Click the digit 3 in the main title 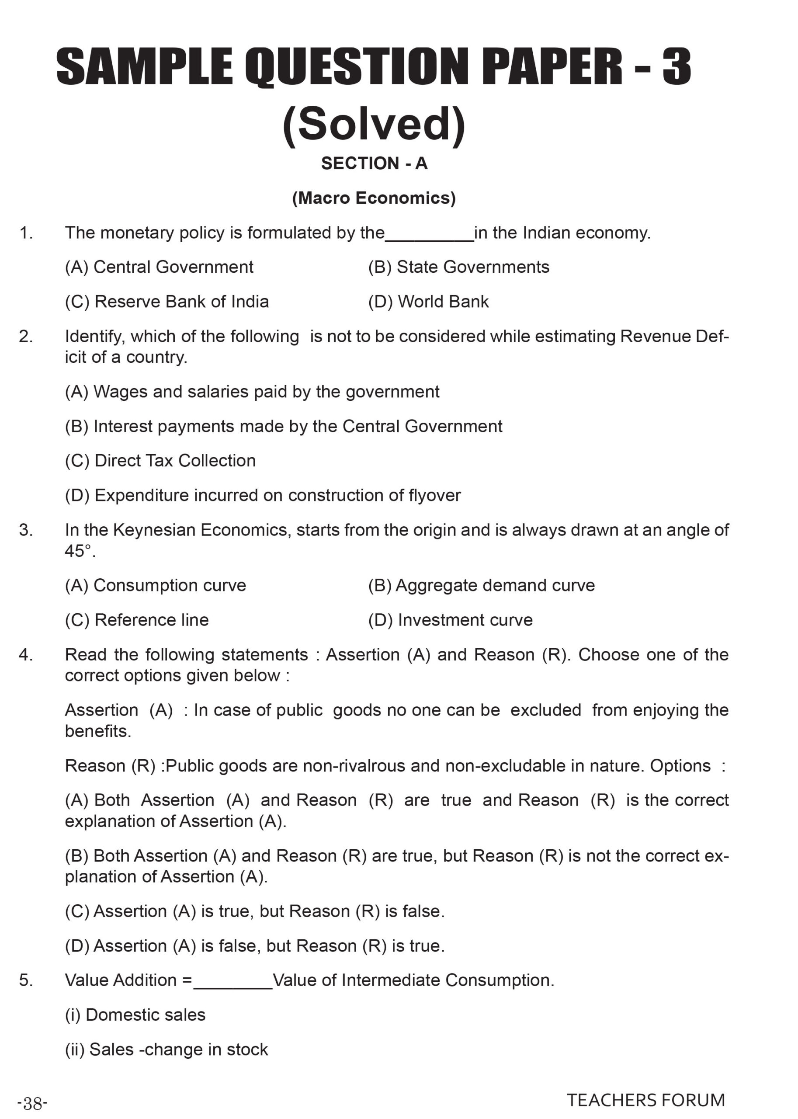[676, 66]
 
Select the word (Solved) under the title [374, 124]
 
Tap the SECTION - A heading [374, 163]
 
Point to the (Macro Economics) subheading [374, 198]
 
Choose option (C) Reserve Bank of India [167, 301]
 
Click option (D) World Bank [428, 301]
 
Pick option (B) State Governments [458, 267]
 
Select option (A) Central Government [159, 267]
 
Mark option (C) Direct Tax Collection [160, 460]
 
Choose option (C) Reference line [137, 620]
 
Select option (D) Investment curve [450, 620]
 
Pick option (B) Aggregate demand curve [481, 585]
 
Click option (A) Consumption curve [155, 585]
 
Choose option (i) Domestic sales [135, 1015]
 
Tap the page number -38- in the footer [32, 1104]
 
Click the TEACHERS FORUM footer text [645, 1100]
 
